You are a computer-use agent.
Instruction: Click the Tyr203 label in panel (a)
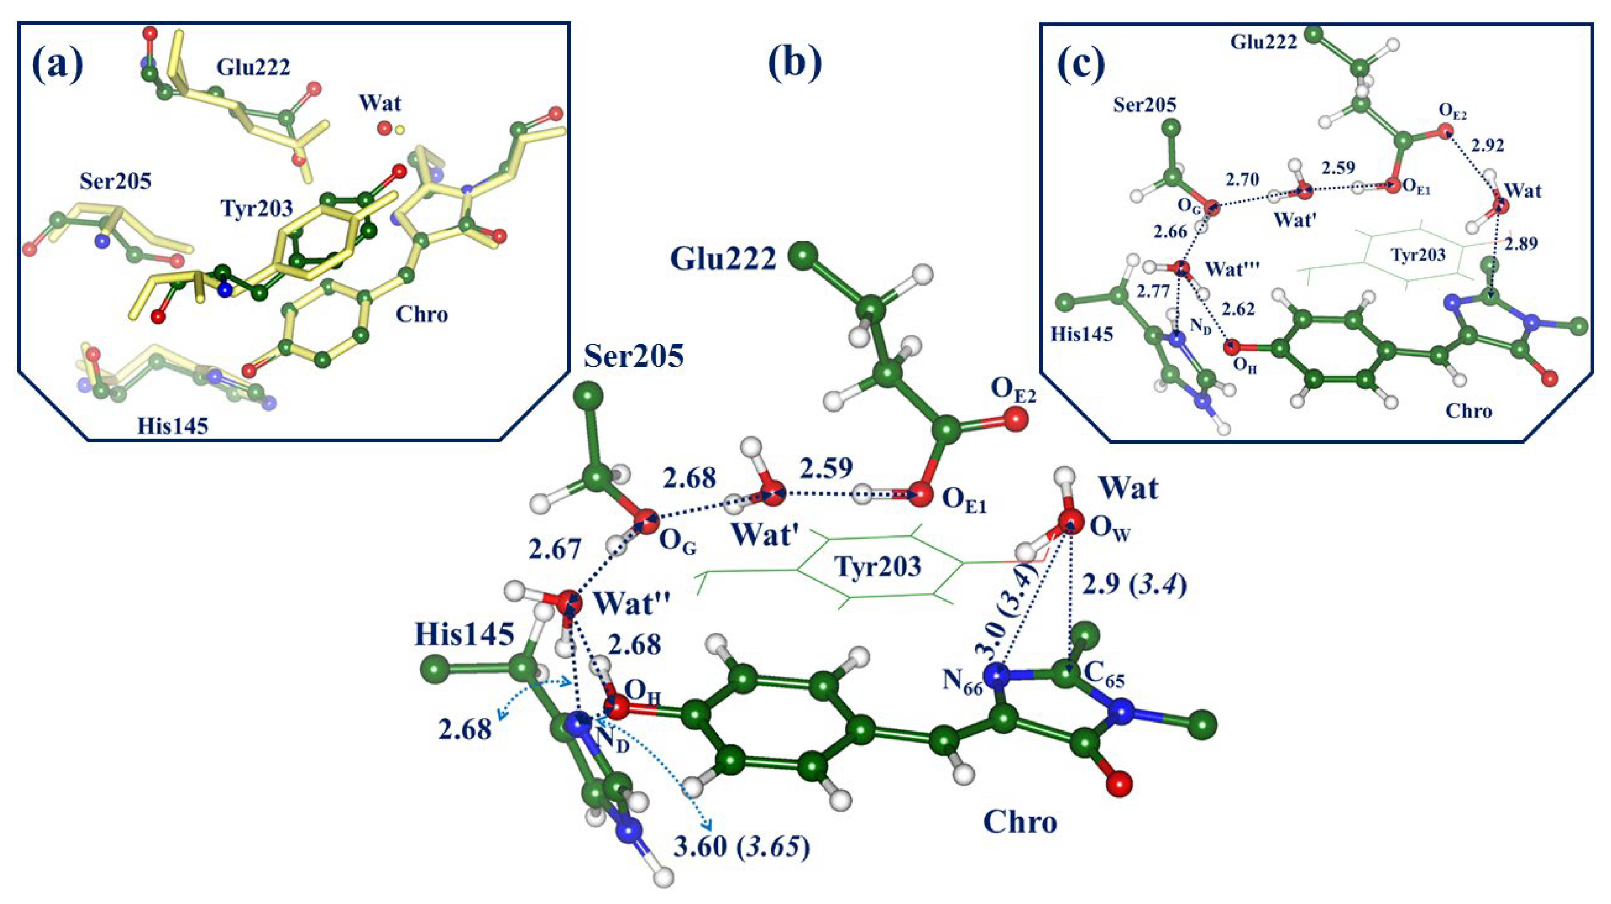(x=257, y=208)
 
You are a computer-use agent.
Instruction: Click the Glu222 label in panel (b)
(x=723, y=259)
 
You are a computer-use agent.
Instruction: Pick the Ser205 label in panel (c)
(x=1144, y=104)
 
